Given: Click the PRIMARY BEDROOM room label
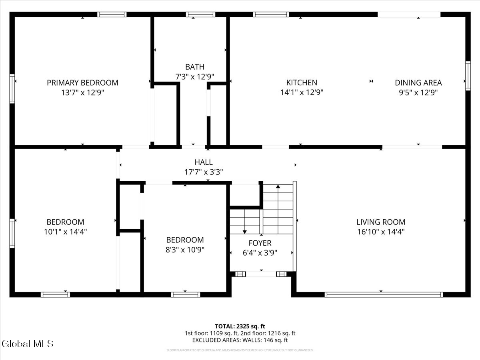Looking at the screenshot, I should click(x=82, y=83).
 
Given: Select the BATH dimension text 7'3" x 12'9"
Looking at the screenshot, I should click(x=194, y=76).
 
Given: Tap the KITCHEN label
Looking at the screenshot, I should click(x=302, y=83).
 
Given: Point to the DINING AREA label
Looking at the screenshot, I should click(x=418, y=83).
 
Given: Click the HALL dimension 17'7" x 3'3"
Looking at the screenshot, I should click(x=203, y=172).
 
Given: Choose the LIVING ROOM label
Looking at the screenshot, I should click(x=380, y=222).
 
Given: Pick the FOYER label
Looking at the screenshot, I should click(x=260, y=243).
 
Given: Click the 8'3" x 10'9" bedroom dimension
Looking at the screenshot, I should click(x=185, y=250).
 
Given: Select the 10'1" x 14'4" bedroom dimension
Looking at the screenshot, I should click(x=65, y=232).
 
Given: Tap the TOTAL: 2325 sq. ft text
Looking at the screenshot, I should click(x=240, y=326).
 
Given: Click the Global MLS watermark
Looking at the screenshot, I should click(x=27, y=344).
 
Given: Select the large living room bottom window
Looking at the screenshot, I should click(x=384, y=295).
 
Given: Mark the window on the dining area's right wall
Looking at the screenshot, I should click(x=467, y=76).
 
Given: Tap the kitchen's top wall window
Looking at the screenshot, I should click(x=271, y=14).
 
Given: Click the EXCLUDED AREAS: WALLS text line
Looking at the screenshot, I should click(x=240, y=340).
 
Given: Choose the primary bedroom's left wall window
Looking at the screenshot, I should click(x=12, y=88).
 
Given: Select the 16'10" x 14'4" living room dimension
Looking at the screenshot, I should click(x=380, y=232).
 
